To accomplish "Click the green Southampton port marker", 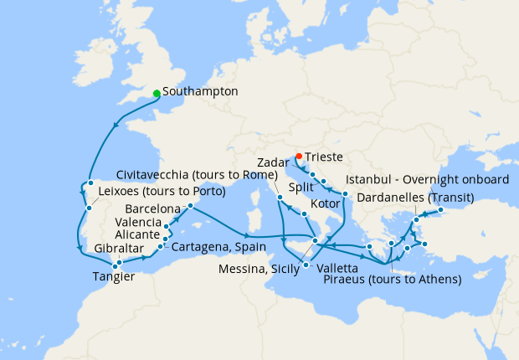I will (x=157, y=93).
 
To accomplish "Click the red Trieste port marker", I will (x=299, y=156).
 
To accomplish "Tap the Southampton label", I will (x=201, y=90).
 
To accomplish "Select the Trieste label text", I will (x=324, y=157).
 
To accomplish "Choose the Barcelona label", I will (x=152, y=208).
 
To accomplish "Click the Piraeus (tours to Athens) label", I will (x=392, y=279).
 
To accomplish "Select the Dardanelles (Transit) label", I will (x=415, y=198).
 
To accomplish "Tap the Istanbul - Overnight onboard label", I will (x=427, y=180).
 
